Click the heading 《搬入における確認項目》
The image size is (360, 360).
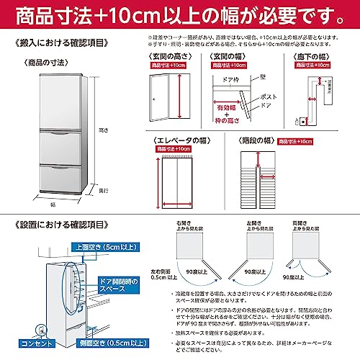(x=55, y=44)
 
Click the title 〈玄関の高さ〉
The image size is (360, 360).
(x=168, y=56)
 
